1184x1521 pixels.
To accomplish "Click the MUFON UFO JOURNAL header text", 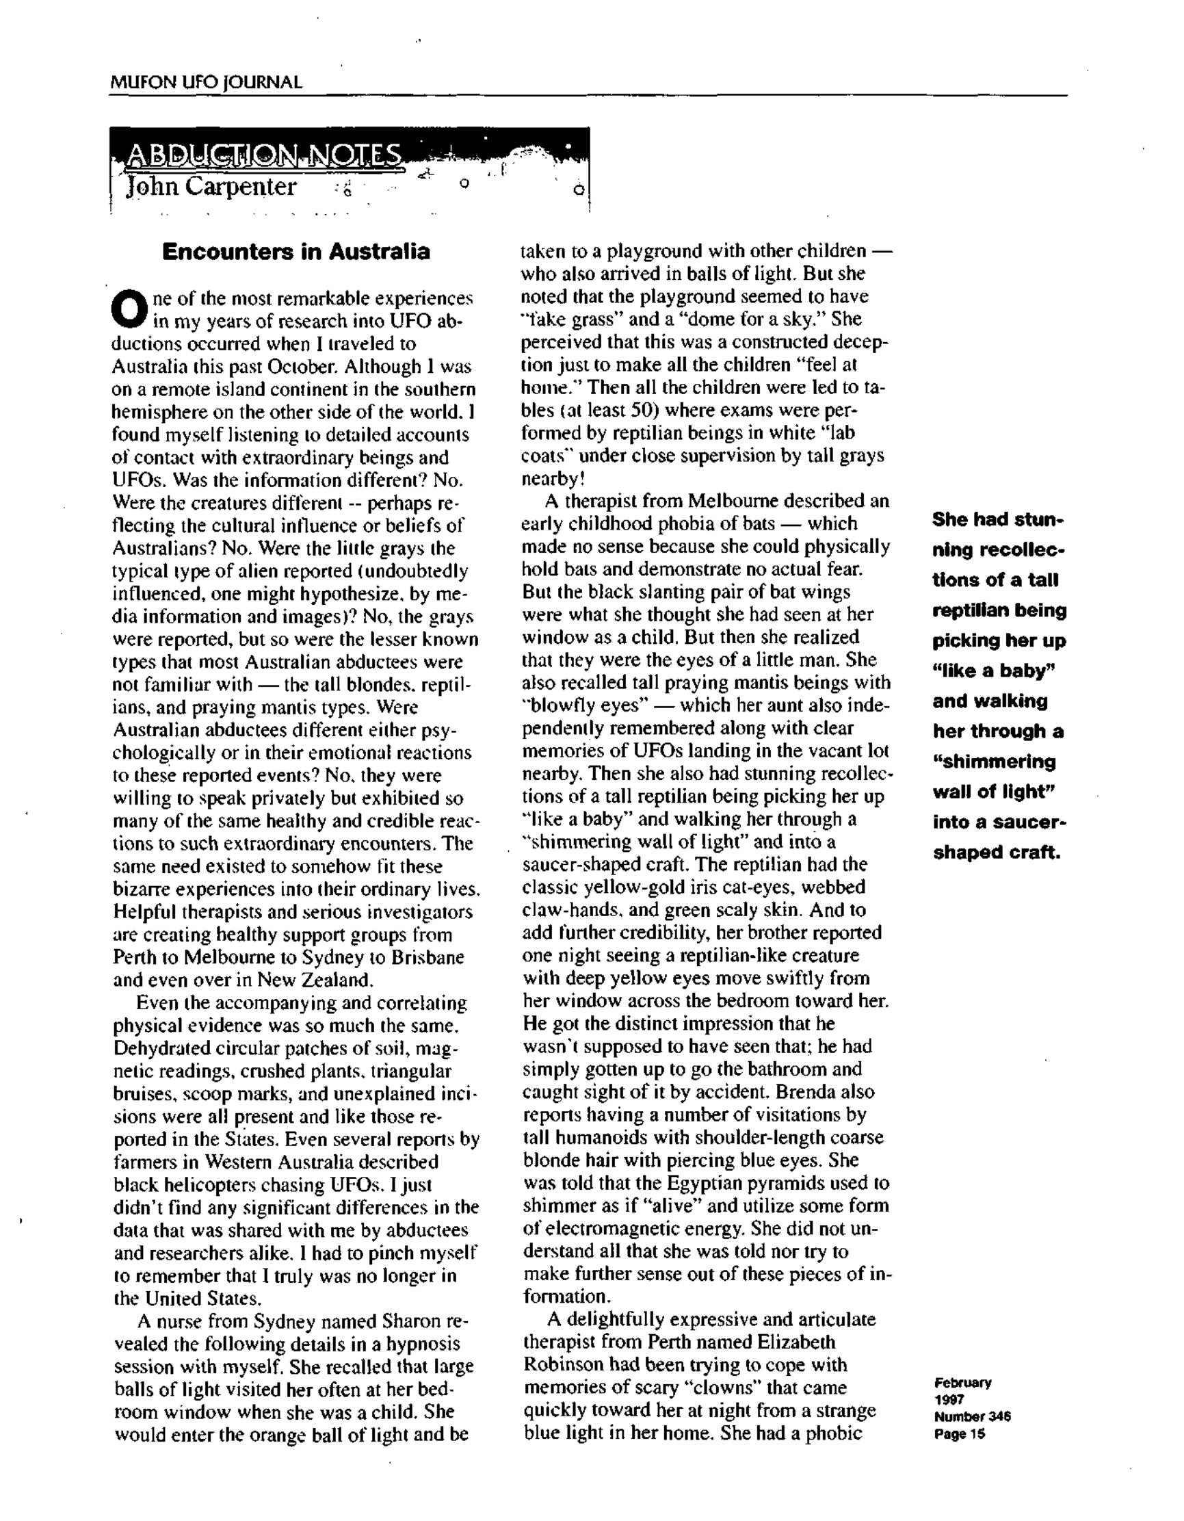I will pyautogui.click(x=206, y=82).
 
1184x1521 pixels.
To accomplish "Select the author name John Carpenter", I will pyautogui.click(x=211, y=187).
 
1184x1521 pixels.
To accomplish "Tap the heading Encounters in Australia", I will pyautogui.click(x=295, y=251).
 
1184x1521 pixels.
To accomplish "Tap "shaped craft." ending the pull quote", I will pyautogui.click(x=996, y=853).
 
